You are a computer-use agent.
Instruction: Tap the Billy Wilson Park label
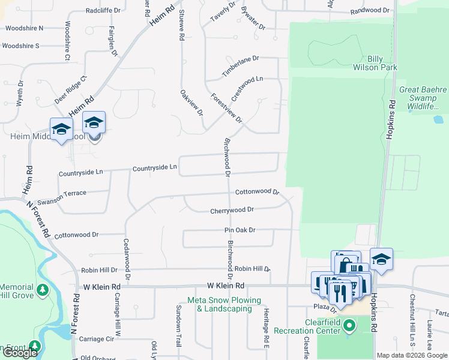(x=383, y=63)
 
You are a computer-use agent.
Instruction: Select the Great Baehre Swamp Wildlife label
(x=423, y=98)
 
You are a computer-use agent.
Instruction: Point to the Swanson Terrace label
(x=62, y=193)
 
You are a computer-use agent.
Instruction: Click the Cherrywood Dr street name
(x=232, y=211)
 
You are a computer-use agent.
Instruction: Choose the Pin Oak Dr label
(x=240, y=230)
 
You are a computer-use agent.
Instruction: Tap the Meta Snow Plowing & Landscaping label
(x=224, y=304)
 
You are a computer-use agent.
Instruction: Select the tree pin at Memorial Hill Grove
(x=42, y=291)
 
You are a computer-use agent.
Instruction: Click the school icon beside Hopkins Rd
(x=381, y=259)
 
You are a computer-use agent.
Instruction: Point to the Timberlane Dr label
(x=240, y=66)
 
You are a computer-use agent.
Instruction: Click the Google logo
(x=20, y=353)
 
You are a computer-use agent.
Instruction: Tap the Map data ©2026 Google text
(x=412, y=355)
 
